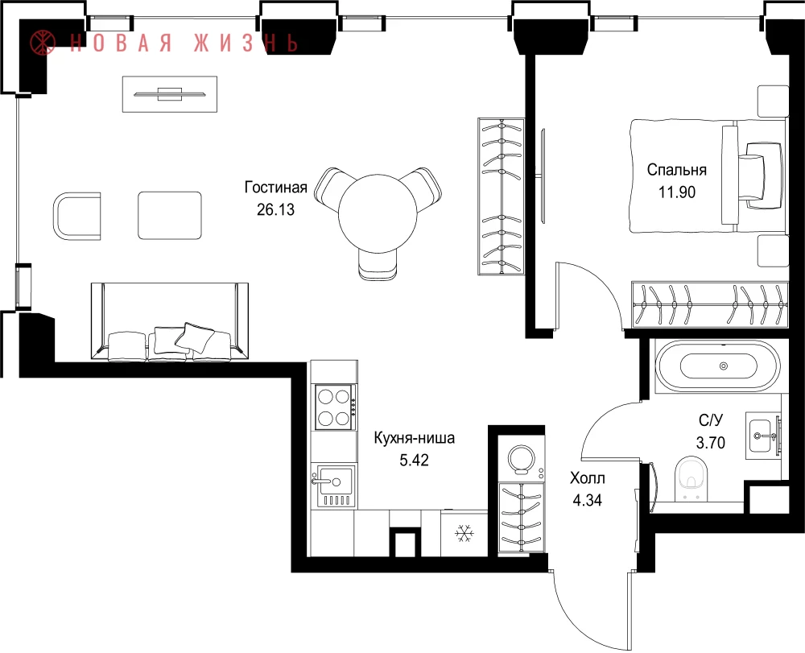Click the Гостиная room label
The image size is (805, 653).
click(275, 188)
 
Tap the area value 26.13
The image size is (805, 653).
click(275, 209)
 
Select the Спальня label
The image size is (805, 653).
click(677, 169)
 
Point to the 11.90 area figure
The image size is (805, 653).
click(677, 192)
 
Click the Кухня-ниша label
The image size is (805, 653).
click(414, 438)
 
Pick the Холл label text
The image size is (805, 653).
click(588, 478)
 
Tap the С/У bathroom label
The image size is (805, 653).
click(711, 420)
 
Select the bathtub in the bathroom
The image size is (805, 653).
click(718, 366)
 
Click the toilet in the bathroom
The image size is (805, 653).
click(691, 478)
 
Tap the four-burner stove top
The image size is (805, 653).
click(335, 407)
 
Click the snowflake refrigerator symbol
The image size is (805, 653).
click(464, 533)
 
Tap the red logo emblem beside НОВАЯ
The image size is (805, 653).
click(43, 42)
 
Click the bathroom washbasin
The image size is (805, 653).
click(762, 436)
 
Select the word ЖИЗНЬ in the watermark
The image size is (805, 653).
click(246, 43)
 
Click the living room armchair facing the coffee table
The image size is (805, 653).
click(77, 216)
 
